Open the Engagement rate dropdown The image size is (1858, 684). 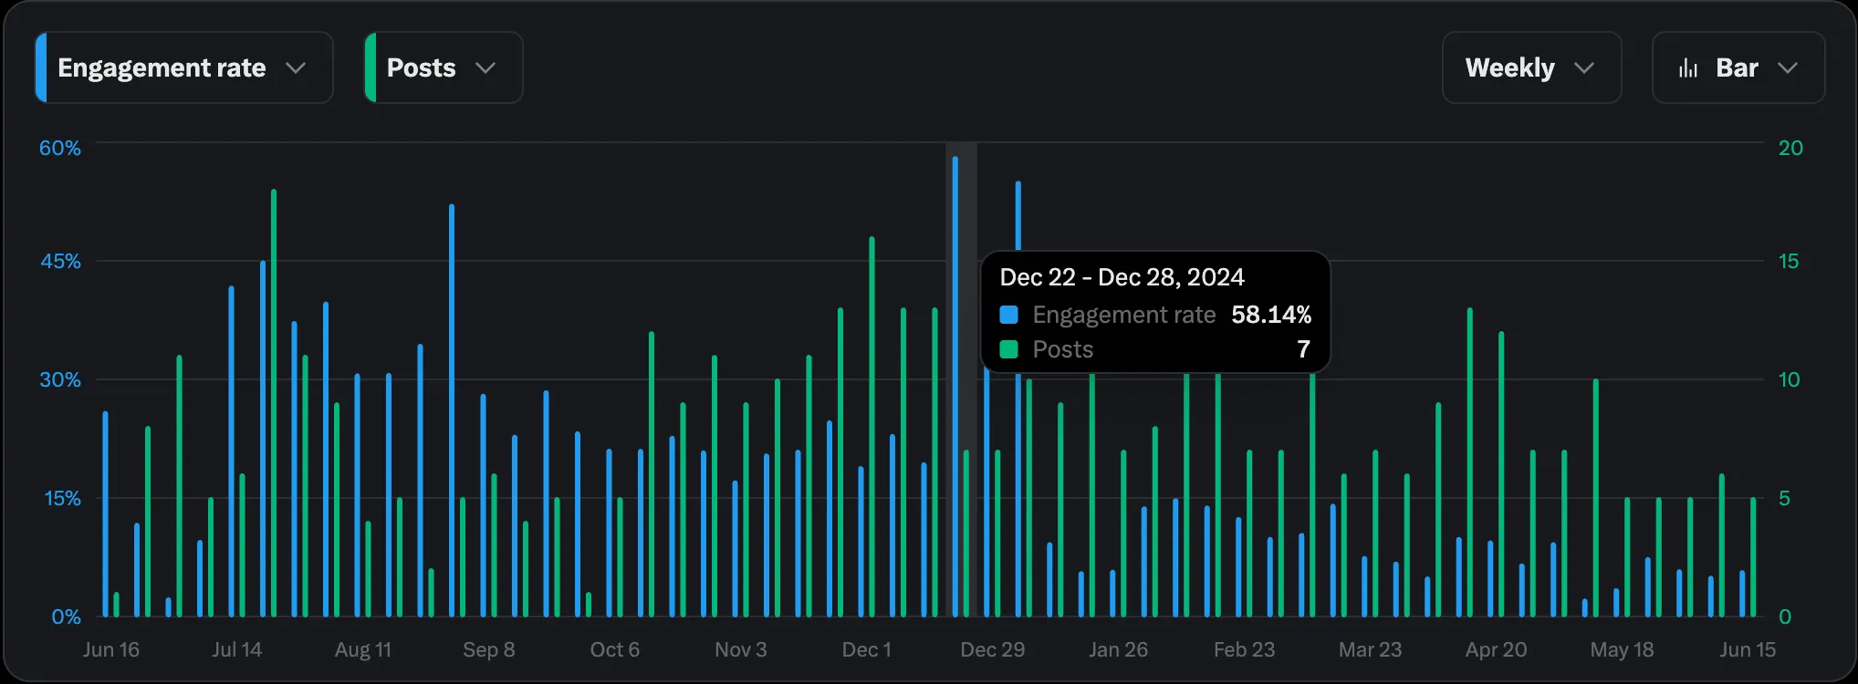183,67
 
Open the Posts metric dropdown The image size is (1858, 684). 443,67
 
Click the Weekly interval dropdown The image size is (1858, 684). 1530,67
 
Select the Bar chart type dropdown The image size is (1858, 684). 1738,67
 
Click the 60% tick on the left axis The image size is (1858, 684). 60,148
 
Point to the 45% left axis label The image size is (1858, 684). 60,261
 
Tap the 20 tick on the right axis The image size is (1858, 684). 1790,148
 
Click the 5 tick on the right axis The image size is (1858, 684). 1784,498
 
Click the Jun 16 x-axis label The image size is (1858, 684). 111,649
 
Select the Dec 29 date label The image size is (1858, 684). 992,649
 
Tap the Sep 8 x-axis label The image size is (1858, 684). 488,649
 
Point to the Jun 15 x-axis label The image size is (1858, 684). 1748,649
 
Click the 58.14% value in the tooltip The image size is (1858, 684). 1271,315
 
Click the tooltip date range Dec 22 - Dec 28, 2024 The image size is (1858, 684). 1122,277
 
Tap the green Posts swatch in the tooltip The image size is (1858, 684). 1008,349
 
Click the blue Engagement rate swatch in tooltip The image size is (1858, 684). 1008,315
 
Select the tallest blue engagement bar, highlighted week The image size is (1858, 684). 955,383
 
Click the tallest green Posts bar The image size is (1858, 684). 274,401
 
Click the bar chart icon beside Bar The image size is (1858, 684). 1688,68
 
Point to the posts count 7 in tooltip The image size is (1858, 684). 1303,349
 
